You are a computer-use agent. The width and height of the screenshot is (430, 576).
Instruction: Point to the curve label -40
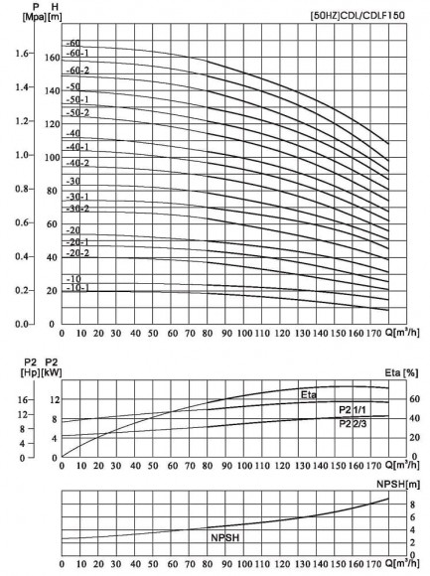click(72, 133)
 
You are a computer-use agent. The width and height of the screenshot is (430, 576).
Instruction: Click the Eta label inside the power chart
click(309, 396)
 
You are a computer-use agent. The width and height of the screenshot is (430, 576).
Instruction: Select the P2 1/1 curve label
click(352, 409)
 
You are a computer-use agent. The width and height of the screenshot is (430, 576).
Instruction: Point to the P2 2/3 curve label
click(352, 424)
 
